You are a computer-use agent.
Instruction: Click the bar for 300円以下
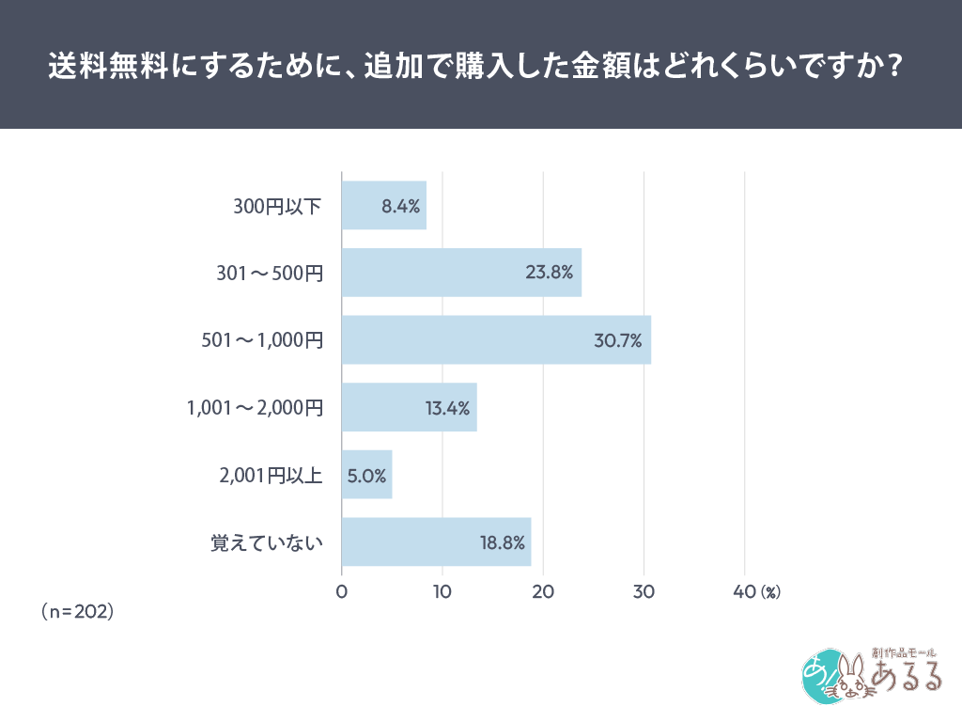point(383,205)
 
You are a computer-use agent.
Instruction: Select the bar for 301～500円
point(460,273)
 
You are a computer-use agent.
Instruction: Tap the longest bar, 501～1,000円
point(495,340)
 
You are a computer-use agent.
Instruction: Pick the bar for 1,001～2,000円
point(409,407)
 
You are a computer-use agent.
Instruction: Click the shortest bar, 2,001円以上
point(366,475)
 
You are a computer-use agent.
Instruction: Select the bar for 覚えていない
point(436,542)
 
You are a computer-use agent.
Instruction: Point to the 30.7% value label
point(617,340)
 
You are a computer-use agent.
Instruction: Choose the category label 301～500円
point(270,274)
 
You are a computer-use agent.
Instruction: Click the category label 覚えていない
point(266,543)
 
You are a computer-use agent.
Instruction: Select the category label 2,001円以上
point(270,476)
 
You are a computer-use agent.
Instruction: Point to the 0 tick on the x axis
point(342,592)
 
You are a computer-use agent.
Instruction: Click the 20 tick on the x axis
point(543,592)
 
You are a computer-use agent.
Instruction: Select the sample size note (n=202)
point(77,611)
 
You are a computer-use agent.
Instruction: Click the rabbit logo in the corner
point(850,675)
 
